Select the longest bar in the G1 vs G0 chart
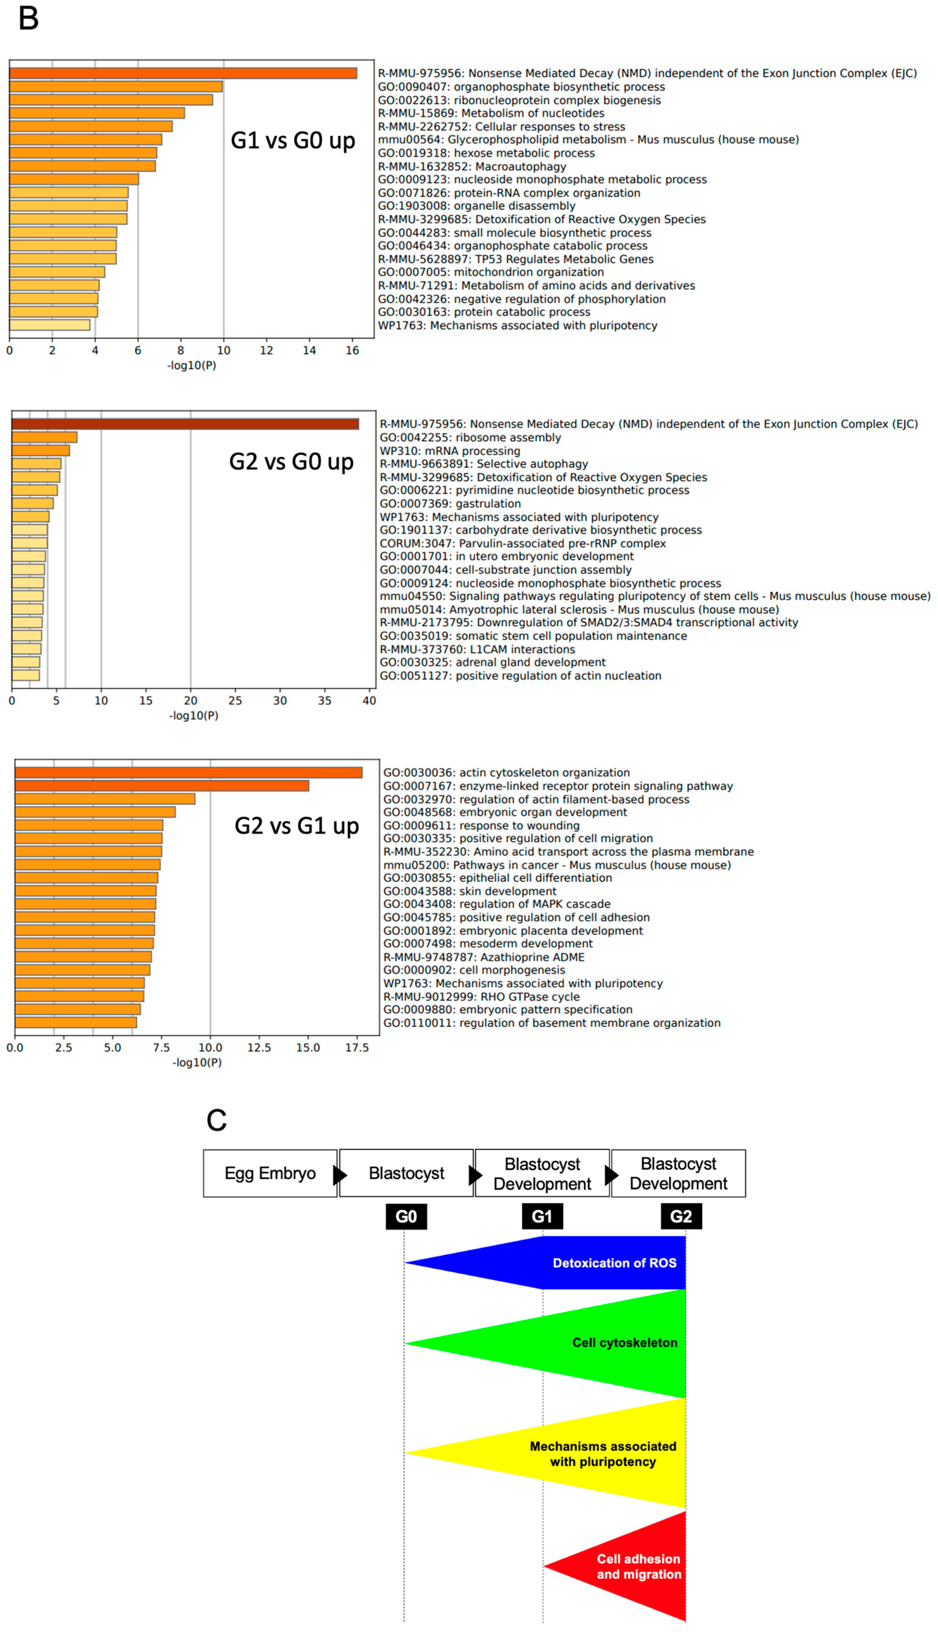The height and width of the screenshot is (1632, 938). [x=183, y=73]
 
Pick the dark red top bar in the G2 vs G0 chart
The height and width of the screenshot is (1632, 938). [x=185, y=424]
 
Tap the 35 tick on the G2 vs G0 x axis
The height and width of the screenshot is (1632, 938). [x=324, y=701]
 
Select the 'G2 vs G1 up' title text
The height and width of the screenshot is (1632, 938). [x=296, y=826]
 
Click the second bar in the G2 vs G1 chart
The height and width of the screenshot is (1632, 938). [x=162, y=786]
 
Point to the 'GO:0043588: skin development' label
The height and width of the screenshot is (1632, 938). [x=470, y=891]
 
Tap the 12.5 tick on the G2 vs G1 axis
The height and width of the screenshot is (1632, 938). [x=259, y=1048]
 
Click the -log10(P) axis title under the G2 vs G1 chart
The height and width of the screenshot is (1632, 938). [x=196, y=1063]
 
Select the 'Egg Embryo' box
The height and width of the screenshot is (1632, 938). [x=270, y=1173]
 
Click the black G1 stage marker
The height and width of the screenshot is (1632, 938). [x=542, y=1216]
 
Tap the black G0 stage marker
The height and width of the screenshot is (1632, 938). [x=406, y=1216]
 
